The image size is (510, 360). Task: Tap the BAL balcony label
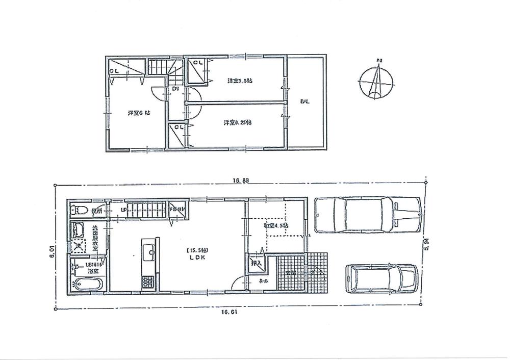tap(304, 102)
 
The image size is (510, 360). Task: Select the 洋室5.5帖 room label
tap(237, 81)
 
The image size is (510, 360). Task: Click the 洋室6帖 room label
tap(135, 113)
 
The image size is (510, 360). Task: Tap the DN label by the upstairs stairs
tap(175, 89)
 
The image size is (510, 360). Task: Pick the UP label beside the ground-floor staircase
tap(123, 210)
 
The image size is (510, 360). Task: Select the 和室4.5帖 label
tap(276, 225)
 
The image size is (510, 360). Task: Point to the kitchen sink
tap(149, 251)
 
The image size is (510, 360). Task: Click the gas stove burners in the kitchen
tap(147, 281)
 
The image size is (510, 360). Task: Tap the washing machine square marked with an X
tap(79, 246)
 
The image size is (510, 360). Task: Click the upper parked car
tap(367, 214)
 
